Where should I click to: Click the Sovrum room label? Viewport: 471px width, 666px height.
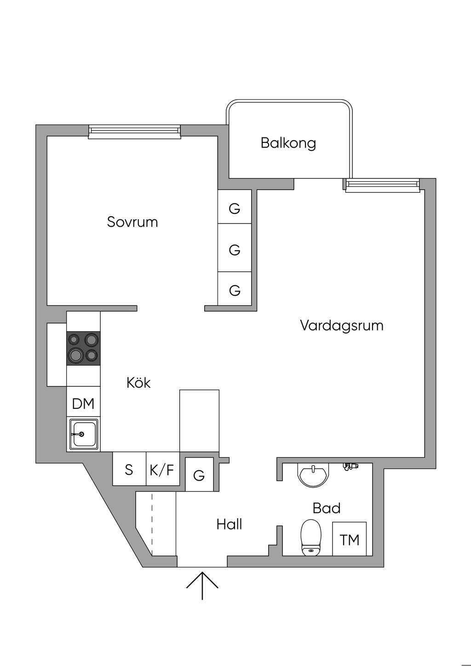click(x=132, y=222)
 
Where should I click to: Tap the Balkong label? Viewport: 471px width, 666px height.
click(x=288, y=143)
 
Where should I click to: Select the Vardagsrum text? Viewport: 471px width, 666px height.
click(x=341, y=326)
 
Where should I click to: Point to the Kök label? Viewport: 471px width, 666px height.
click(x=138, y=383)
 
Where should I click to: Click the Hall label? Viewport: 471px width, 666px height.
click(x=229, y=524)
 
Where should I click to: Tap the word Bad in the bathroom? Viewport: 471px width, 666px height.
click(x=327, y=508)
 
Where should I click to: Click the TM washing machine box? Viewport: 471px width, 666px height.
click(x=350, y=539)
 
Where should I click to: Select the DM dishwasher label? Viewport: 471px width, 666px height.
click(x=83, y=404)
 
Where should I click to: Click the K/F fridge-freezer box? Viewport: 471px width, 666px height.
click(x=162, y=470)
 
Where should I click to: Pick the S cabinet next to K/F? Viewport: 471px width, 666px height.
click(x=129, y=470)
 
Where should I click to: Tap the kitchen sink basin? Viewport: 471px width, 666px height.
click(x=83, y=434)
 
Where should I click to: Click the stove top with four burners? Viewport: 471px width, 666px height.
click(x=83, y=348)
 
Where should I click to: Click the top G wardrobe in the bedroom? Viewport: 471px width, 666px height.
click(x=235, y=209)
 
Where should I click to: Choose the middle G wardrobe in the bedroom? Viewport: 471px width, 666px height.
click(x=235, y=250)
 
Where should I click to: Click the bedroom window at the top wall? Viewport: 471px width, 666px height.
click(x=134, y=132)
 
